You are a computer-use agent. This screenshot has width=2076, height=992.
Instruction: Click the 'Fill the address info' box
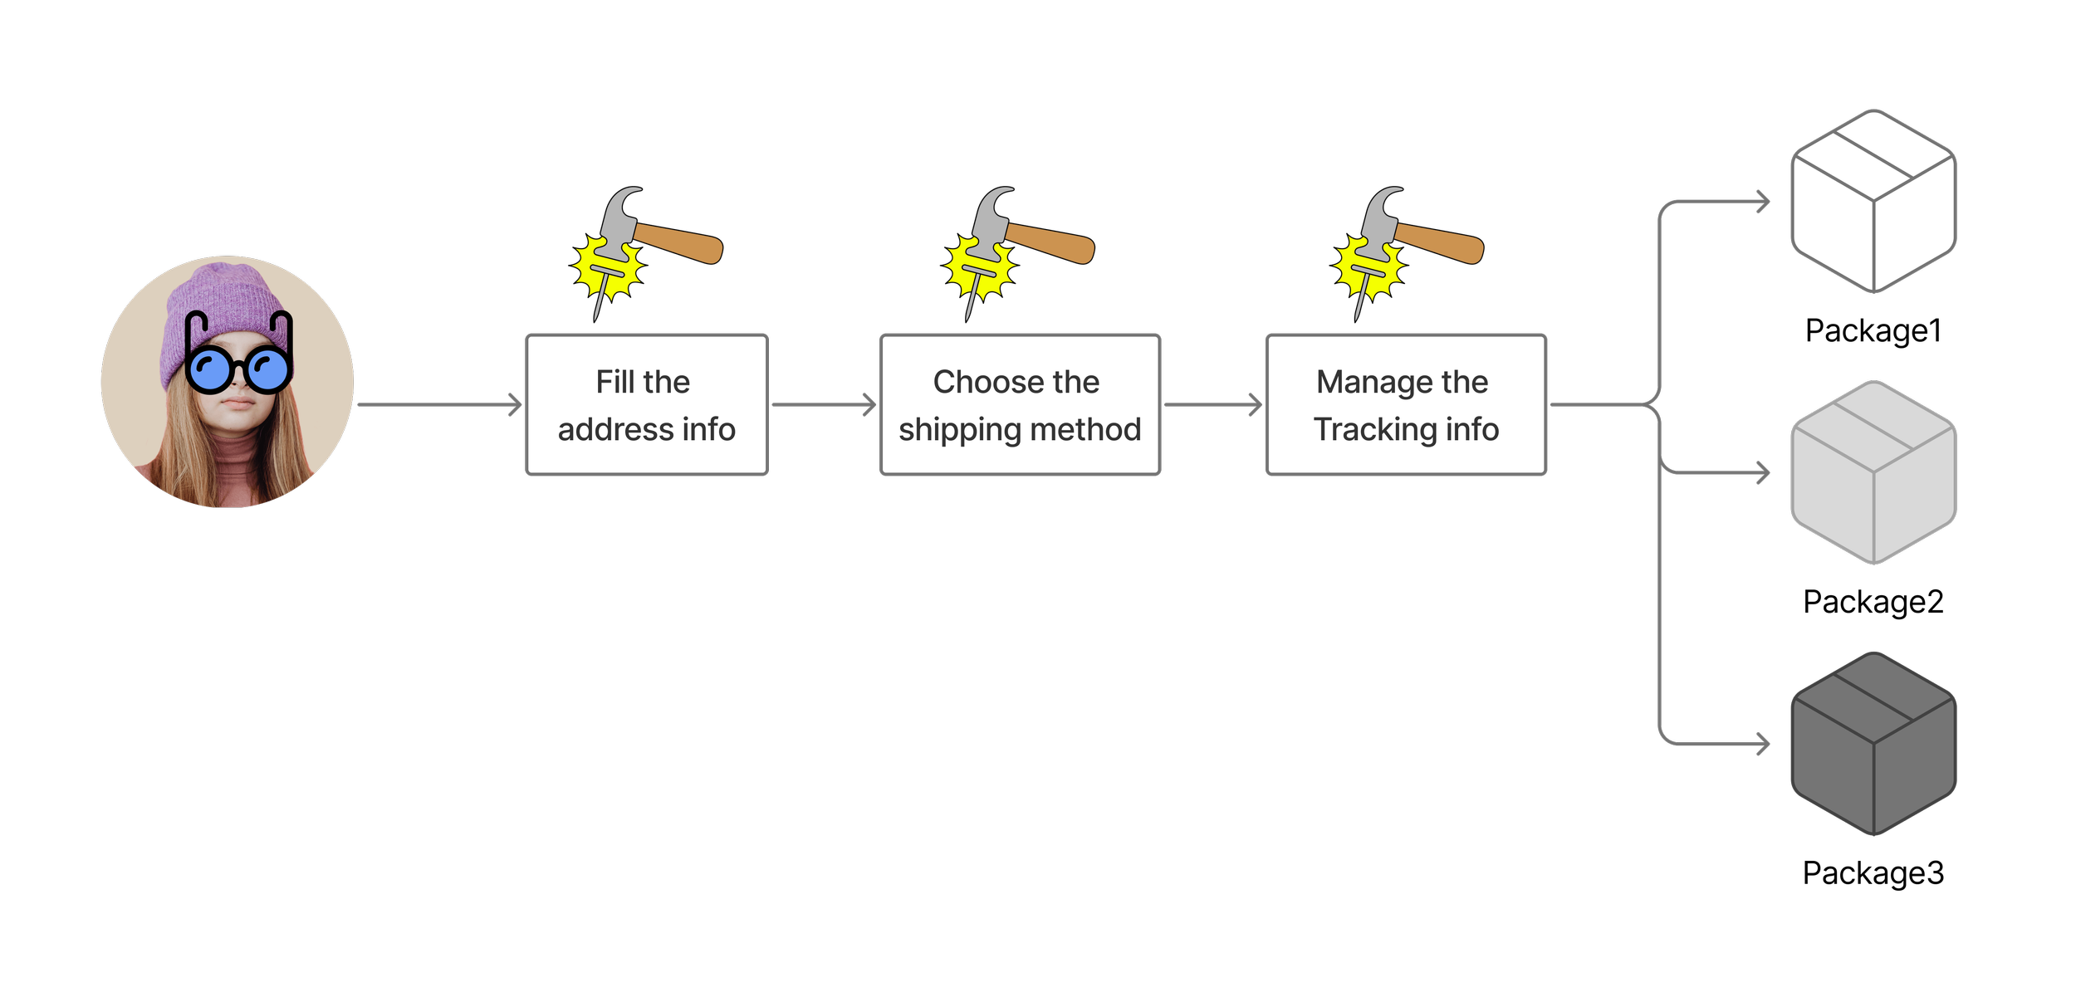click(647, 404)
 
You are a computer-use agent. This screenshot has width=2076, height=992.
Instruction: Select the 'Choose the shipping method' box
click(1020, 404)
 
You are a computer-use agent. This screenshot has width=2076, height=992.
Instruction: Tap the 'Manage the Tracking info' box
click(1406, 404)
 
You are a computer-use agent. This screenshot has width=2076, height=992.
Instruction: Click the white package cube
click(1873, 201)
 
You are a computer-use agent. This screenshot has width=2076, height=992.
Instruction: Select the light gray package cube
click(1873, 472)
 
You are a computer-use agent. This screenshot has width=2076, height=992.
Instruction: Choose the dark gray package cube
click(1873, 744)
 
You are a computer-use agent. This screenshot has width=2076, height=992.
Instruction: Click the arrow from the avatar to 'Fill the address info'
click(440, 405)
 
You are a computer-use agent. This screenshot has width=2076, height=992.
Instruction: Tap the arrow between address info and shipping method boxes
click(824, 405)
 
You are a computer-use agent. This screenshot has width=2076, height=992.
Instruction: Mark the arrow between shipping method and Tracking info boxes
click(1213, 405)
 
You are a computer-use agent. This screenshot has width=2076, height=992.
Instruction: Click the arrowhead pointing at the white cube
click(1762, 202)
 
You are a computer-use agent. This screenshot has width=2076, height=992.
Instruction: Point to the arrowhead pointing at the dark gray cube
click(1762, 745)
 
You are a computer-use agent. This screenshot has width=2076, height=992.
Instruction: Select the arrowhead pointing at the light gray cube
click(1762, 473)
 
